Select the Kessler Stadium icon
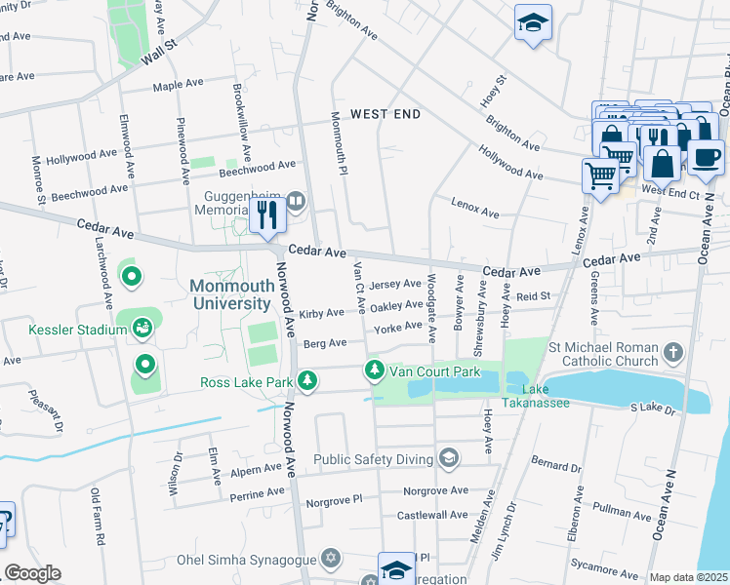click(144, 330)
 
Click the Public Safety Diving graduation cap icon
click(448, 457)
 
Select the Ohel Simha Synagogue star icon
click(331, 560)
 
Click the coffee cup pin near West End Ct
click(706, 157)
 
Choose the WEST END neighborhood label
click(385, 114)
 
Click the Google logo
click(33, 574)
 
